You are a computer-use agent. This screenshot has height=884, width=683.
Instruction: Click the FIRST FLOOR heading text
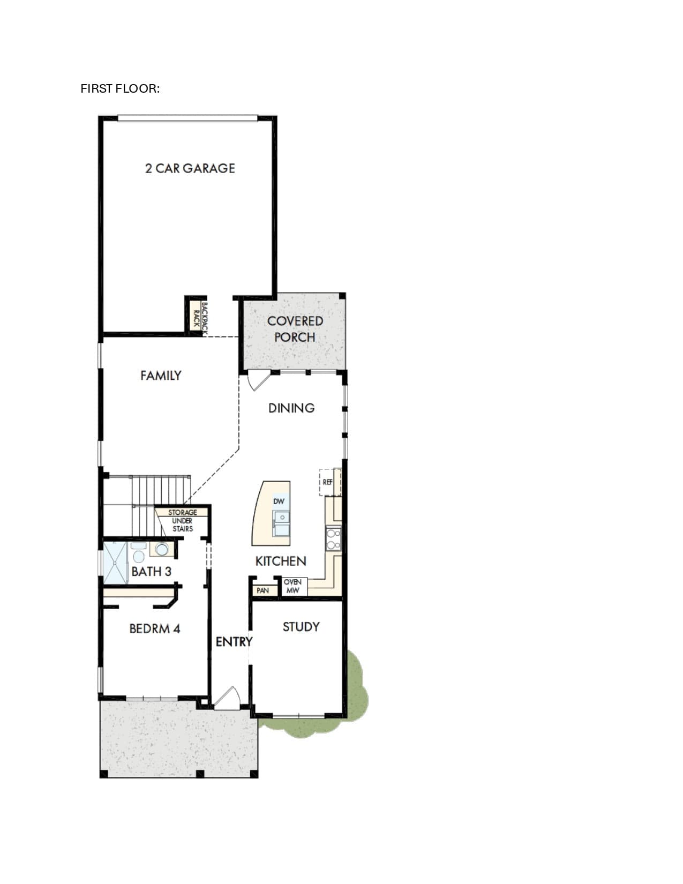click(x=120, y=89)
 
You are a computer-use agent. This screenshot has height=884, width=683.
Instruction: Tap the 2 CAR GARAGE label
click(x=190, y=168)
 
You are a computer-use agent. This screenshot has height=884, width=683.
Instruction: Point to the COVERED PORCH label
click(x=295, y=329)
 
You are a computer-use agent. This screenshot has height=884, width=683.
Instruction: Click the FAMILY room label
click(x=161, y=376)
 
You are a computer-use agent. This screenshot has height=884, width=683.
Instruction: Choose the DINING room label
click(x=291, y=408)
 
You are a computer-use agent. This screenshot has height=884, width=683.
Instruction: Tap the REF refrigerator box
click(x=330, y=482)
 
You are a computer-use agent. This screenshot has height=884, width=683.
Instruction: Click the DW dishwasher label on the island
click(x=279, y=501)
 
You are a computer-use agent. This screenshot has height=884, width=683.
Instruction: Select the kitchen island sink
click(x=281, y=524)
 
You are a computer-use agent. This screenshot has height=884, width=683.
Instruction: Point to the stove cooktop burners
click(x=333, y=538)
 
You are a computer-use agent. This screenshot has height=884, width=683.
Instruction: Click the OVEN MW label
click(x=292, y=586)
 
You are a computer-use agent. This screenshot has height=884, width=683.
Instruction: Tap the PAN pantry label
click(x=263, y=590)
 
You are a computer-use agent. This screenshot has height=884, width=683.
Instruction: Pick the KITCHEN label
click(x=281, y=561)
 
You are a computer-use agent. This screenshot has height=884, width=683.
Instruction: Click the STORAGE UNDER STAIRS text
click(x=183, y=520)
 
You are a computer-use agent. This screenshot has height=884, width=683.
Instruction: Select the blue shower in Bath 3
click(x=116, y=563)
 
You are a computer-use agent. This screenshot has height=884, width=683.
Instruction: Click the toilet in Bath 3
click(x=139, y=553)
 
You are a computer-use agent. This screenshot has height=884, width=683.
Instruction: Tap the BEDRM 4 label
click(x=155, y=629)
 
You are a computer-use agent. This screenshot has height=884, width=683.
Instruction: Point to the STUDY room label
click(x=301, y=627)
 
